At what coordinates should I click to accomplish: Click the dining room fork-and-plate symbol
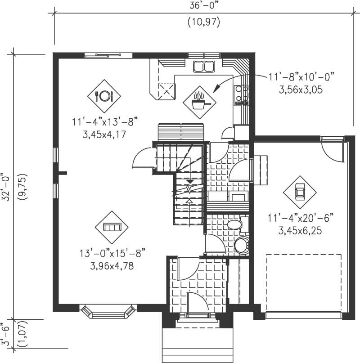click(104, 96)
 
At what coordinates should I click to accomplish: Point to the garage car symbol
click(300, 192)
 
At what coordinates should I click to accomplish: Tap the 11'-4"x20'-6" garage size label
click(299, 219)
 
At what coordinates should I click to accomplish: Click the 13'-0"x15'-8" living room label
click(111, 253)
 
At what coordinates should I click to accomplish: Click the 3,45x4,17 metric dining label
click(104, 134)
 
